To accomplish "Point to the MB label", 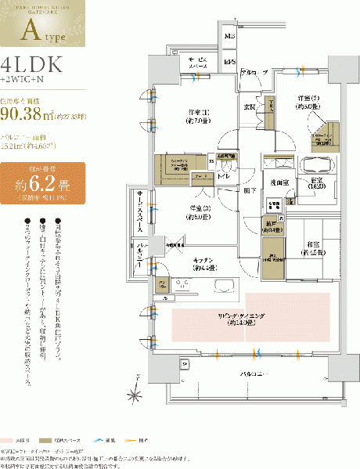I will click(230, 37).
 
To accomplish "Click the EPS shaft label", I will click(230, 61).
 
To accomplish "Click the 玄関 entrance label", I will click(252, 106).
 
